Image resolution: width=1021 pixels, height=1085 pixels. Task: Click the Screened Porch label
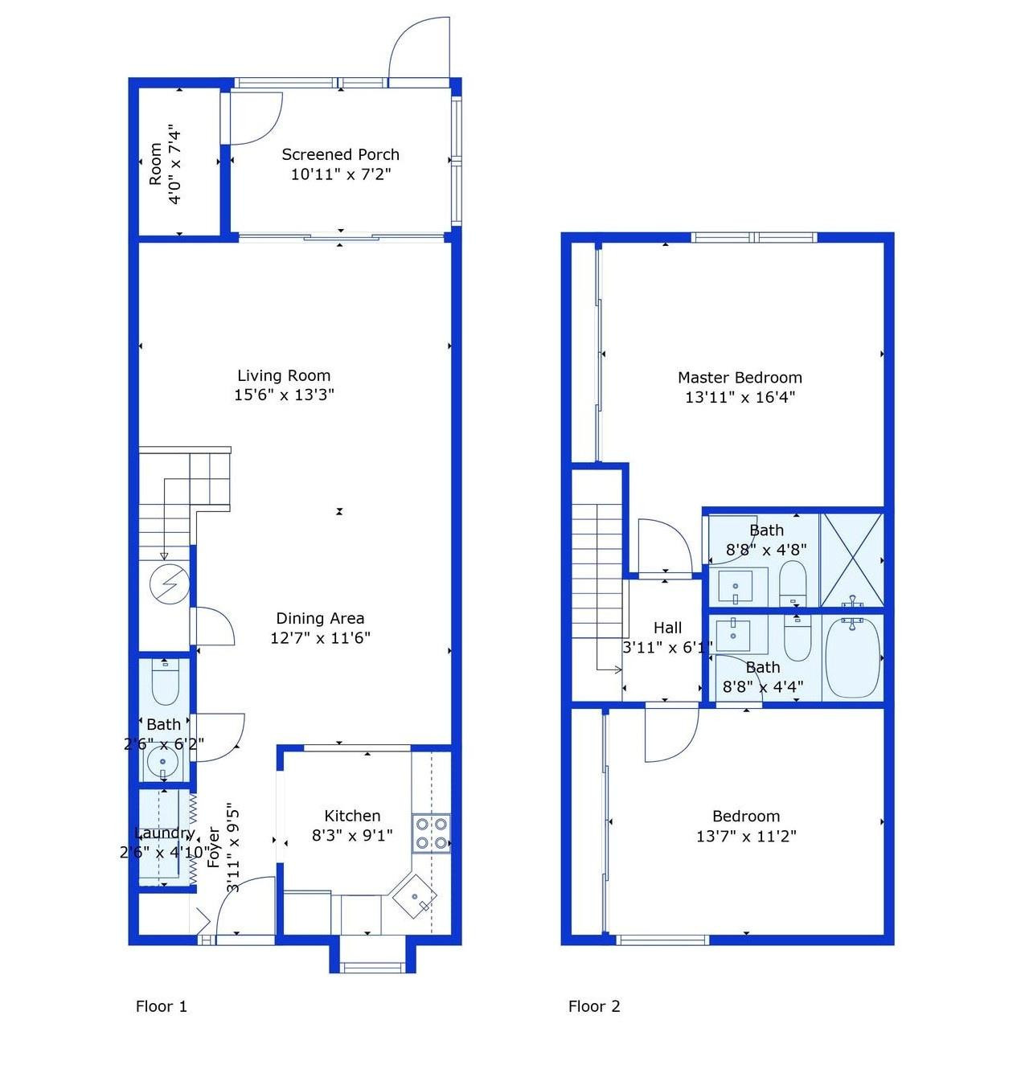click(340, 154)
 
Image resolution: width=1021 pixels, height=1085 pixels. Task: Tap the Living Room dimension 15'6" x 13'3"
click(284, 395)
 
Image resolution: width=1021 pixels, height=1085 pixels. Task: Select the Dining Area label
click(320, 618)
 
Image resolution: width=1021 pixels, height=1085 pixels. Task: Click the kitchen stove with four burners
click(431, 833)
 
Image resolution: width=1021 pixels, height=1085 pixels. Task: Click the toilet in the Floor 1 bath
click(165, 682)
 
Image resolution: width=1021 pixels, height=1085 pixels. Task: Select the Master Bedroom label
click(740, 377)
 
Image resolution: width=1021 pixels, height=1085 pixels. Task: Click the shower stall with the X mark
click(851, 559)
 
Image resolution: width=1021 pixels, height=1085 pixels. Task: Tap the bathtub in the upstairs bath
click(852, 657)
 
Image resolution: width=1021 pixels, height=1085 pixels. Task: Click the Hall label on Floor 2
click(667, 628)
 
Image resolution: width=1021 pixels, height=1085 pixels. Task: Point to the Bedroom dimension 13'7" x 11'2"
click(745, 836)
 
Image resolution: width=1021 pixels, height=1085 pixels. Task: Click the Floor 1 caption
click(162, 1006)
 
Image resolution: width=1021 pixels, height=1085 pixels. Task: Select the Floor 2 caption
click(594, 1006)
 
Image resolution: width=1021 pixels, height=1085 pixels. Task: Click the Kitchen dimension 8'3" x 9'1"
click(352, 835)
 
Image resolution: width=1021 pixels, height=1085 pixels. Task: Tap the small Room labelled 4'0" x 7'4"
click(166, 164)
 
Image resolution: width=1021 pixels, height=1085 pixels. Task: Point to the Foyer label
click(214, 847)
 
